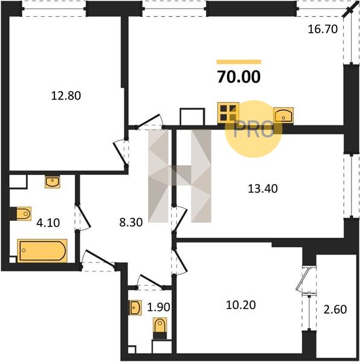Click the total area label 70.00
tap(239, 77)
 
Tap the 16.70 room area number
tap(323, 30)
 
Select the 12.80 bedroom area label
tap(66, 95)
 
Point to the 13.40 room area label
tap(263, 189)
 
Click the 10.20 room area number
tap(241, 305)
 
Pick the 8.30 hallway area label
tap(131, 223)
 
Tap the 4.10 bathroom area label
tap(48, 223)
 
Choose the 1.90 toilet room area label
tap(158, 307)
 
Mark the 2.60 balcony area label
tap(335, 310)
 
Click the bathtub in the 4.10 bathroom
tap(42, 251)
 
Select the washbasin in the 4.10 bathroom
tap(53, 182)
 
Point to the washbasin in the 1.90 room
tap(135, 308)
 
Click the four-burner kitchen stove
tap(228, 113)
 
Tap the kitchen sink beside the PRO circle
tap(283, 115)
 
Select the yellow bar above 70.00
tap(239, 62)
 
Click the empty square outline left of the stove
tap(192, 117)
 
